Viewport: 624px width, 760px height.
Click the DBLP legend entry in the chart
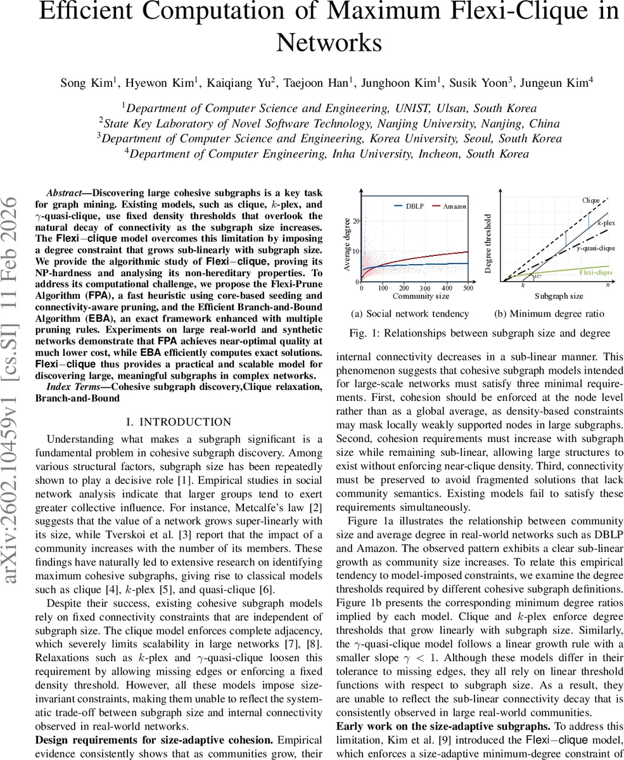click(x=416, y=206)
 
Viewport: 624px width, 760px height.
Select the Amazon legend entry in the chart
click(x=454, y=206)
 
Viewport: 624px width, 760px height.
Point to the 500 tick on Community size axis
click(x=468, y=288)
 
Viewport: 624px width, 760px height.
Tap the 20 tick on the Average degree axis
click(x=356, y=221)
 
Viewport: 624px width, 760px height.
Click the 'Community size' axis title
click(x=421, y=296)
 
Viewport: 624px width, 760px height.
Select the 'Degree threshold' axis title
click(x=488, y=243)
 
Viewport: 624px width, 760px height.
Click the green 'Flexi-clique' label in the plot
click(x=595, y=272)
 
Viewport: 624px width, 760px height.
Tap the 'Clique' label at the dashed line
click(x=590, y=201)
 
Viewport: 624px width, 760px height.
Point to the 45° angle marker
click(x=538, y=277)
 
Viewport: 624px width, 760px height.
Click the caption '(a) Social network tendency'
click(x=410, y=313)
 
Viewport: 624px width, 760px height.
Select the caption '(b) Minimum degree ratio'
click(x=549, y=313)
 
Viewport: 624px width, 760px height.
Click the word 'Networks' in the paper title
click(x=329, y=43)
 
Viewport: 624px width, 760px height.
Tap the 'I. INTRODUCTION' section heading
click(x=179, y=422)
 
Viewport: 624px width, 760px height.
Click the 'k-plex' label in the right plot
click(x=606, y=223)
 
